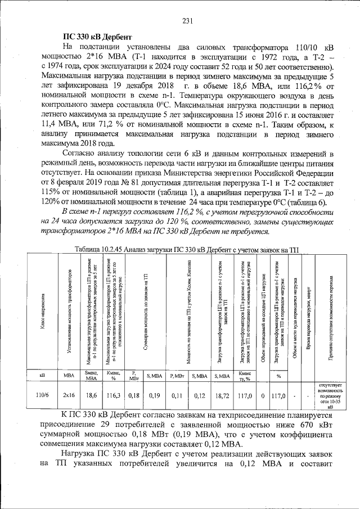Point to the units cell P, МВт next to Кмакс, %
[134, 375]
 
